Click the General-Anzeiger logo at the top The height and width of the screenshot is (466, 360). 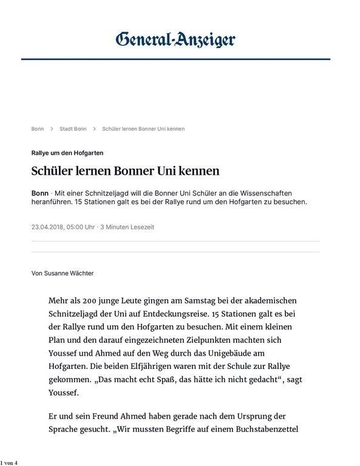[x=175, y=41]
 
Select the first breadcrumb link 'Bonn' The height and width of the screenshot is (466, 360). [x=38, y=129]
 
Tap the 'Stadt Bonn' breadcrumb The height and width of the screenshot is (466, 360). [x=73, y=129]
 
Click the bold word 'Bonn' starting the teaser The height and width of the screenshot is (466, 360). [x=40, y=192]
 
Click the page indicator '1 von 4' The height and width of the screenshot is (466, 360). [x=9, y=462]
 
